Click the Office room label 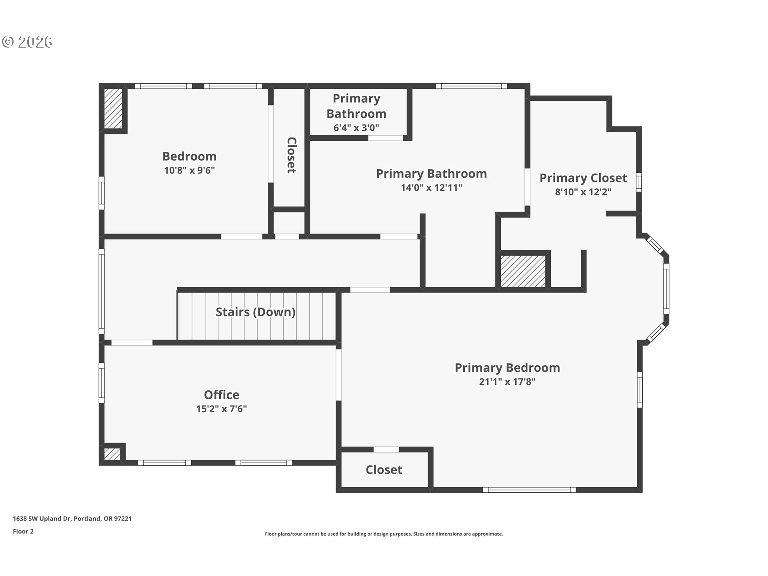pos(221,395)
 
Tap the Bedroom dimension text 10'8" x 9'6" pos(189,170)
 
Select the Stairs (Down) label pos(255,312)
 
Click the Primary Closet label pos(583,178)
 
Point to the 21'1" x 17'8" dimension pos(507,382)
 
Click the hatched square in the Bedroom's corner pos(113,108)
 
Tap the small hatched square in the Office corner pos(112,454)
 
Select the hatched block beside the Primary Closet pos(523,271)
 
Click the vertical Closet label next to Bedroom pos(292,155)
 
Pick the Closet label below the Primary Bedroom pos(384,470)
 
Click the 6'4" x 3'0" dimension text pos(356,128)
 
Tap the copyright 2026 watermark pos(27,42)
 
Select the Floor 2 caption pos(23,531)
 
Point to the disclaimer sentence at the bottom pos(384,534)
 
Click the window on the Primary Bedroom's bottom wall pos(529,490)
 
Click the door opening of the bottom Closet pos(386,449)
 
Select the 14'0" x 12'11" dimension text pos(431,188)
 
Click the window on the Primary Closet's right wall pos(639,182)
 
